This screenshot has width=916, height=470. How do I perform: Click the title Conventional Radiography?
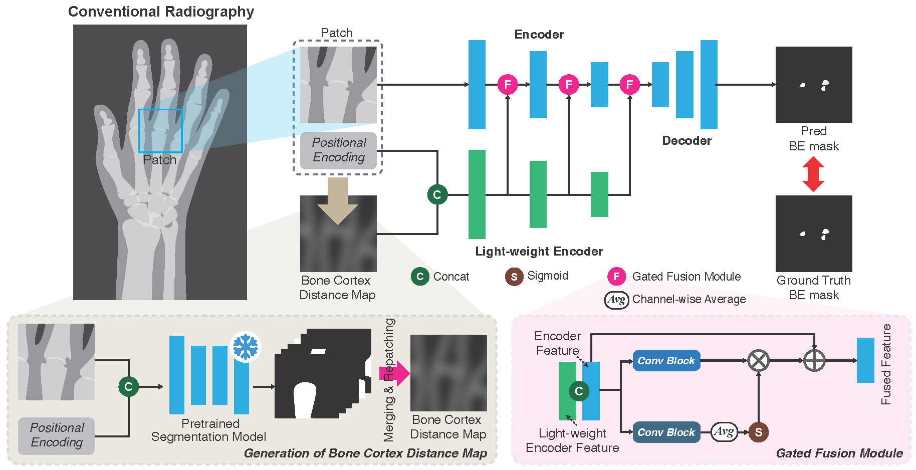click(x=161, y=12)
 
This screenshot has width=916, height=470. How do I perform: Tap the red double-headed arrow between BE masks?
click(x=813, y=174)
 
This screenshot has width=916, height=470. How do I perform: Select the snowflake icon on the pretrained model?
click(x=246, y=346)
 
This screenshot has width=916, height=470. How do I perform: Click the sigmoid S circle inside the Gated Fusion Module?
click(x=759, y=432)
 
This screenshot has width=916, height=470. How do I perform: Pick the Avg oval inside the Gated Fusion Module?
click(x=724, y=431)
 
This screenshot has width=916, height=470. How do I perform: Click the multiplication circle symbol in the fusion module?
click(x=759, y=360)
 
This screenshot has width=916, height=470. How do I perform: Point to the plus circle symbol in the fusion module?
click(x=814, y=360)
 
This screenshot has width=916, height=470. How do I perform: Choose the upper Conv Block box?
click(x=666, y=360)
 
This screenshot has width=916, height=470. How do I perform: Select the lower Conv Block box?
click(x=666, y=432)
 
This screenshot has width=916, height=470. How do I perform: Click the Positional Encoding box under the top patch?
click(x=338, y=150)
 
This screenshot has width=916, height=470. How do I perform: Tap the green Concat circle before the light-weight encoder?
click(x=437, y=194)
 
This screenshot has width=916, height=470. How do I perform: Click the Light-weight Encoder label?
click(x=539, y=252)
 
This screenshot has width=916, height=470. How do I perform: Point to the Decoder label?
click(x=686, y=141)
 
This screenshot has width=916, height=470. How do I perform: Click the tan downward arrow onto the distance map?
click(x=338, y=200)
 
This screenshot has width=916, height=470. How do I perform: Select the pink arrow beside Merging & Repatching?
click(x=395, y=373)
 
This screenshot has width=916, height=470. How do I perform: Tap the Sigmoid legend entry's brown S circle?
click(x=514, y=276)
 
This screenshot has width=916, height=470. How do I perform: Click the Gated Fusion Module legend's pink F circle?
click(x=617, y=276)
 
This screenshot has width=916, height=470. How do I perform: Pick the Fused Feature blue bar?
click(x=865, y=360)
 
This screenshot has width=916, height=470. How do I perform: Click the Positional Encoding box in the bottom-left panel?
click(x=57, y=435)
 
